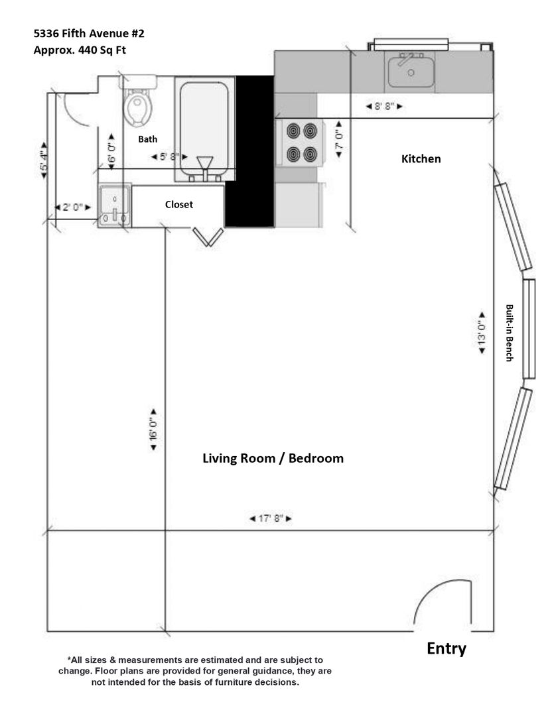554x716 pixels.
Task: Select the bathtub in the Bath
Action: [x=204, y=129]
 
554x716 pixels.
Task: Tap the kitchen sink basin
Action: [x=411, y=72]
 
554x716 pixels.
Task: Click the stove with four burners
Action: [x=301, y=143]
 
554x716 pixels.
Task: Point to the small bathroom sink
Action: [x=115, y=206]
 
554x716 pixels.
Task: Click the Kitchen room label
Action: [x=421, y=159]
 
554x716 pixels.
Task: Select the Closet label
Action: [x=178, y=205]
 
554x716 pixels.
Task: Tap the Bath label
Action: [x=148, y=139]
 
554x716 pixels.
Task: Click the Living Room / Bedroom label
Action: [x=273, y=459]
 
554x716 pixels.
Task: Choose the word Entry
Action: [x=446, y=649]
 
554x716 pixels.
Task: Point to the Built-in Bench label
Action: [x=509, y=333]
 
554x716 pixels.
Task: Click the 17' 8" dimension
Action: [x=271, y=518]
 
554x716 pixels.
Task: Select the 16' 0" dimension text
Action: [x=153, y=429]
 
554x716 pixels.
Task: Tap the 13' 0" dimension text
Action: [x=482, y=332]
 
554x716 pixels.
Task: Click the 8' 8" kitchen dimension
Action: [x=384, y=106]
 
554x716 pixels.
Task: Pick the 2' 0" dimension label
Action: [x=73, y=208]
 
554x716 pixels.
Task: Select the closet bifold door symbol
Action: [x=208, y=237]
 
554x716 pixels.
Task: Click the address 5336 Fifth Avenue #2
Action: [x=89, y=33]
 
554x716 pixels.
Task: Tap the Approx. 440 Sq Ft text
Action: [x=80, y=50]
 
